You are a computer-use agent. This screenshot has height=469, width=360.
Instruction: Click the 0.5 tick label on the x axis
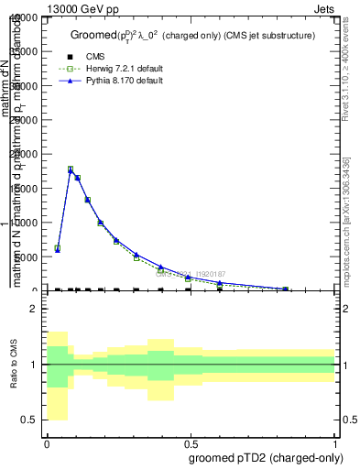coord(190,442)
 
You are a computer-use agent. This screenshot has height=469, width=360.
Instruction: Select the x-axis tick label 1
coord(335,442)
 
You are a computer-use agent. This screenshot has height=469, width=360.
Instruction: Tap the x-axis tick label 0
coord(46,442)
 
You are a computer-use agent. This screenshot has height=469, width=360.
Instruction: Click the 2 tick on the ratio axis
coord(32,309)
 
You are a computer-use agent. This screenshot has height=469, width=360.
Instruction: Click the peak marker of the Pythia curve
coord(71,170)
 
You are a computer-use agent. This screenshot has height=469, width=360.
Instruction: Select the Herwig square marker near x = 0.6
coord(219,284)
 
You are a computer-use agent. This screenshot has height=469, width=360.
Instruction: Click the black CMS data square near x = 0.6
coord(219,289)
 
